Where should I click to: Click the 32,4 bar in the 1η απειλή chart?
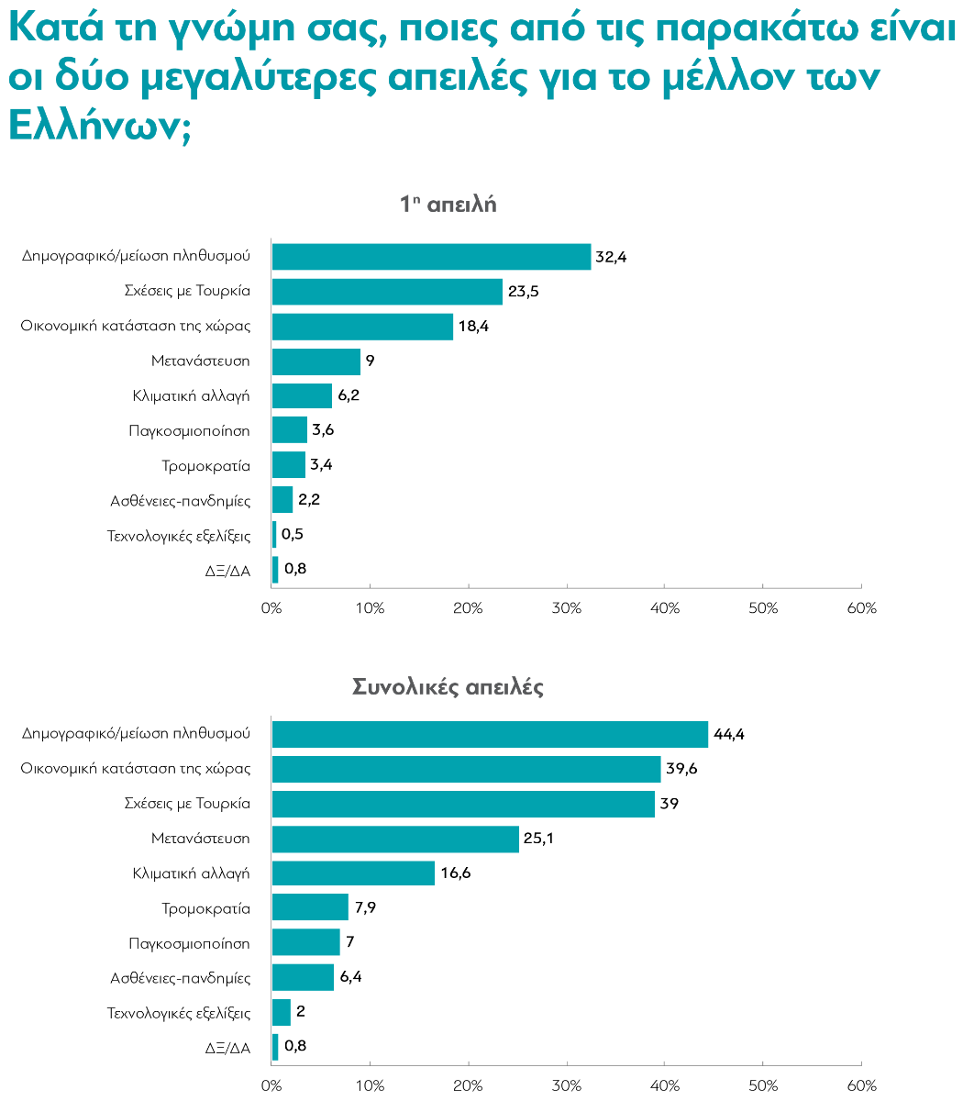click(x=431, y=257)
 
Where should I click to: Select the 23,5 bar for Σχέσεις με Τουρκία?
click(x=387, y=292)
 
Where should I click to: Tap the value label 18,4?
click(x=474, y=327)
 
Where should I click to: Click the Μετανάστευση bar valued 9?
click(x=316, y=361)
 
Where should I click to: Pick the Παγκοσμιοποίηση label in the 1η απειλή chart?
click(x=189, y=430)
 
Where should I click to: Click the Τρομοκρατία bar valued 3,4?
click(x=289, y=465)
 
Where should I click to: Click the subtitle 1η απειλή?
click(x=448, y=205)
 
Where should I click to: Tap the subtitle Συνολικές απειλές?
click(x=448, y=686)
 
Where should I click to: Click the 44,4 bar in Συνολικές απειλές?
click(x=490, y=734)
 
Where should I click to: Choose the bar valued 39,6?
click(x=466, y=769)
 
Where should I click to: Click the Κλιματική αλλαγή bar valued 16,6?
click(x=353, y=873)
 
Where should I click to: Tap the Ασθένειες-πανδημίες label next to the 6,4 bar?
click(x=180, y=977)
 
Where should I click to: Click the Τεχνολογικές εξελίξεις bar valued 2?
click(x=282, y=1012)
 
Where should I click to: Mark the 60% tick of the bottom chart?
click(x=861, y=1086)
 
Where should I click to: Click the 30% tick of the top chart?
click(x=567, y=608)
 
